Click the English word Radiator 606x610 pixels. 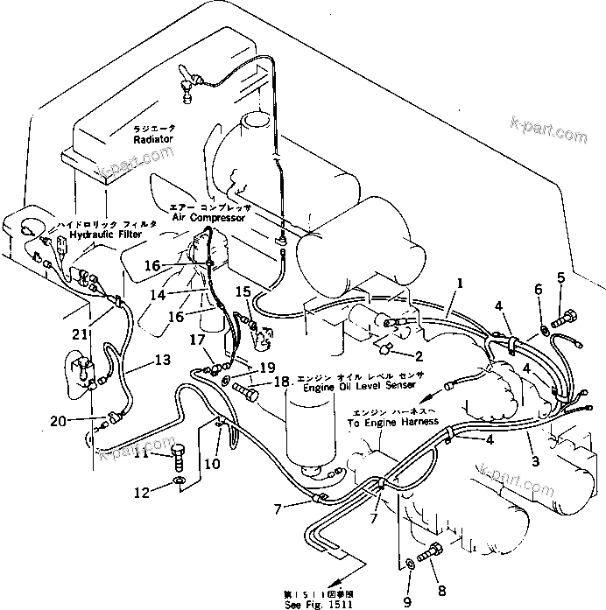tap(153, 139)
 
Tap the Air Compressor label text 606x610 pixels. tap(208, 217)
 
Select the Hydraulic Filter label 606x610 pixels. tap(107, 235)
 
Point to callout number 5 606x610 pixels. tap(561, 279)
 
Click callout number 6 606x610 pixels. tap(539, 289)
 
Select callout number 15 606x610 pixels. tap(243, 291)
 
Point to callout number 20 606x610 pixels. tap(58, 421)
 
